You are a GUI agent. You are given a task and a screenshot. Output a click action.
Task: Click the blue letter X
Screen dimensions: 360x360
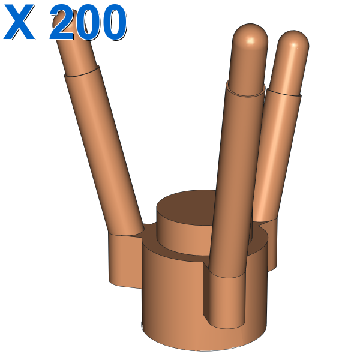[19, 22]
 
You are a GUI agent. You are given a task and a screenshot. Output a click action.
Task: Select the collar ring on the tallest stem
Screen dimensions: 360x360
[245, 88]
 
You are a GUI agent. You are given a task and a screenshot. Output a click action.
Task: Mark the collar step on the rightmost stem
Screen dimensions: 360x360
[284, 92]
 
